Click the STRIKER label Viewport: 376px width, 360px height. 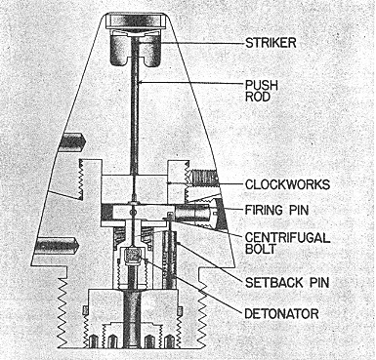[271, 43]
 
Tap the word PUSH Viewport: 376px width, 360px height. [262, 86]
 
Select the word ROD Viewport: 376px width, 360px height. [258, 97]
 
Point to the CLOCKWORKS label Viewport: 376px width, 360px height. [287, 184]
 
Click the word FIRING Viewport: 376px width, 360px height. [265, 210]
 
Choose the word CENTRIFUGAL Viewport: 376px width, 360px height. [287, 238]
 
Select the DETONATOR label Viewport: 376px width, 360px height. [281, 314]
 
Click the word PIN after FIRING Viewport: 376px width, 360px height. [298, 210]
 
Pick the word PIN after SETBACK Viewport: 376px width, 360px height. [318, 282]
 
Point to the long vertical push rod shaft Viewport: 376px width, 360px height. [135, 107]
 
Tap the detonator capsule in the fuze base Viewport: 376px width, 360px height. [133, 256]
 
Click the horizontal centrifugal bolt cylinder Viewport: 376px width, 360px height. [194, 213]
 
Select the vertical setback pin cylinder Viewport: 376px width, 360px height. [170, 260]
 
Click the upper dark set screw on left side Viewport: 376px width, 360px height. [73, 140]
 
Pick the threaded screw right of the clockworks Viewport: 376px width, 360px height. [204, 178]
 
